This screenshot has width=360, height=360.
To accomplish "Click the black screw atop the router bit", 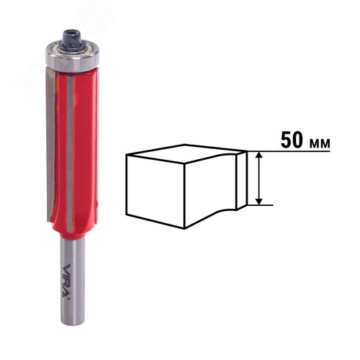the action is (72, 40).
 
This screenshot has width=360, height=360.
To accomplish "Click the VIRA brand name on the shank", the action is (67, 281).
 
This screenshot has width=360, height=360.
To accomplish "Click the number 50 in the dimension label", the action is (292, 140).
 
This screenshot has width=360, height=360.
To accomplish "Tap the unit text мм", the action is (319, 143).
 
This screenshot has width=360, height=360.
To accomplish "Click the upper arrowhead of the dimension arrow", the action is (258, 156).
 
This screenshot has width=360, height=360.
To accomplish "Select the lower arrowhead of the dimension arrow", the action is (258, 201).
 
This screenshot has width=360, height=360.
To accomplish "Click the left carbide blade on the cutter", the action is (50, 144).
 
